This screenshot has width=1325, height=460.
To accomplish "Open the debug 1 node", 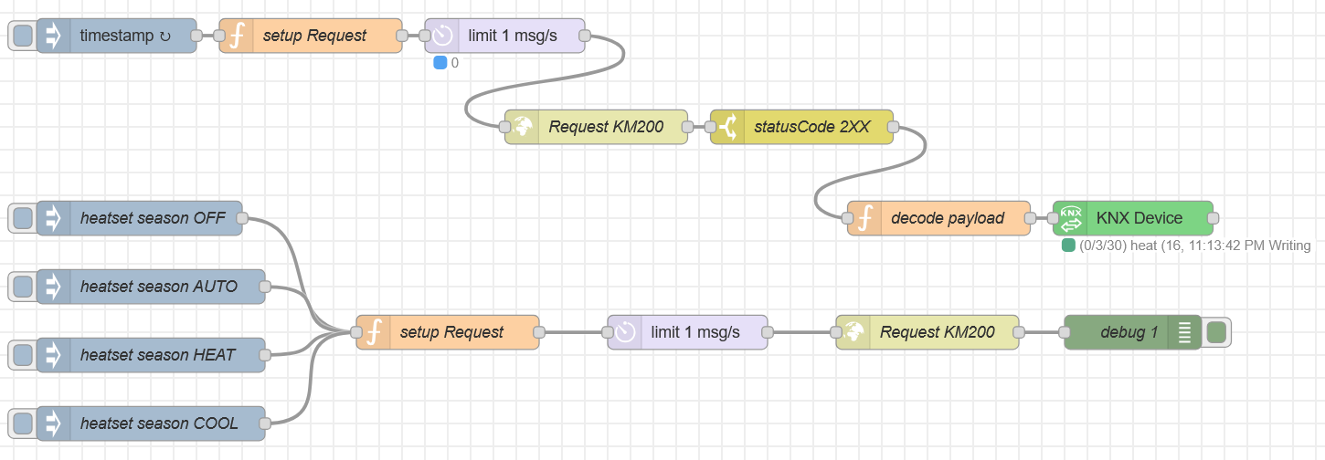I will pyautogui.click(x=1129, y=332).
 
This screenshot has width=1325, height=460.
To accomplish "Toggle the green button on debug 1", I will pyautogui.click(x=1216, y=332).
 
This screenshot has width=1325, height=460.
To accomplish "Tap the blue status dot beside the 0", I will pyautogui.click(x=440, y=63).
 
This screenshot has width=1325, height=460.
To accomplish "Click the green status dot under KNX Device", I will pyautogui.click(x=1068, y=246).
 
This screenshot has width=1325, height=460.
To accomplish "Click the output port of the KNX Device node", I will pyautogui.click(x=1214, y=218).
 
